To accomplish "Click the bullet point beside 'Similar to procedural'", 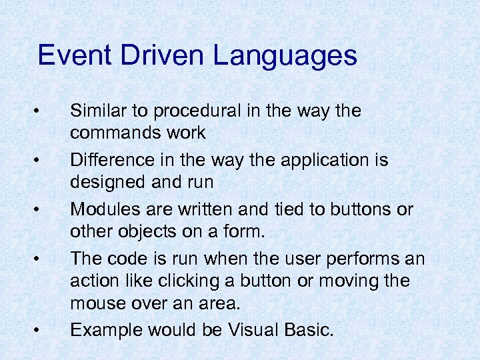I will click(x=41, y=109).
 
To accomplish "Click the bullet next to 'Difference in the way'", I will click(x=41, y=159).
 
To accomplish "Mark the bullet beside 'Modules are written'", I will click(x=41, y=209).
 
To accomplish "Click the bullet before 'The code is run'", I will click(x=41, y=258).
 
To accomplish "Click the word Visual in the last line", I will click(x=252, y=329).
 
